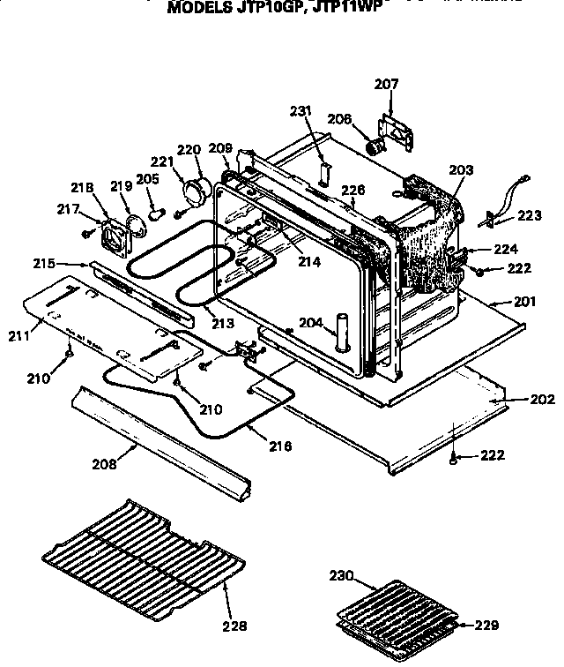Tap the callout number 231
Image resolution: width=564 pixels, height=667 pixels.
[301, 111]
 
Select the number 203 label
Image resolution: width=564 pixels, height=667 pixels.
[461, 169]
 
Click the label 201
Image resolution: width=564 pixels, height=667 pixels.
[523, 302]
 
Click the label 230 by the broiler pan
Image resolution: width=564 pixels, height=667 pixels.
[341, 576]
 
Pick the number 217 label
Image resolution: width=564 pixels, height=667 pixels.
[67, 209]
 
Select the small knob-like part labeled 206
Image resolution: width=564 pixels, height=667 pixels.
[376, 146]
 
